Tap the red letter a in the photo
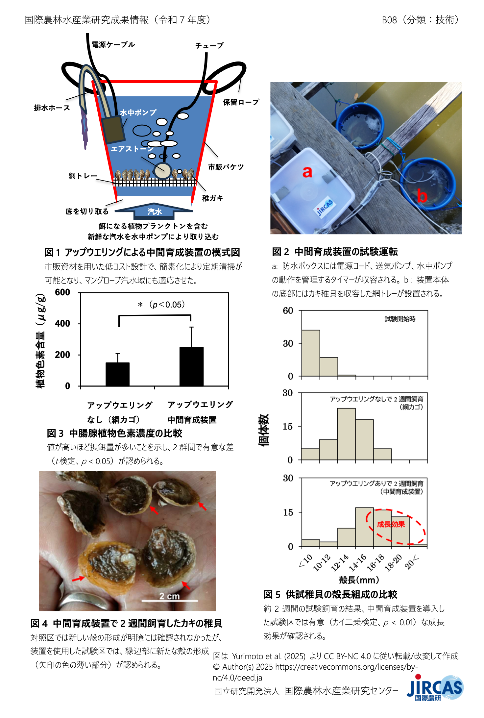307,172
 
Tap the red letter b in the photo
422,196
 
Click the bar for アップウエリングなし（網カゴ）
117,374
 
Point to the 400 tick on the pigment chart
62,324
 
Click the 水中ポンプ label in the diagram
138,112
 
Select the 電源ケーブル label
113,45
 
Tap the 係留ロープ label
241,102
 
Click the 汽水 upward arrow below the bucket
154,211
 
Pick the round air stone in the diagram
163,171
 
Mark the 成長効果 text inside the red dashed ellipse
391,524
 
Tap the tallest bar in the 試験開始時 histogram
311,353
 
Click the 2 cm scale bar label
169,596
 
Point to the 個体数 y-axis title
264,430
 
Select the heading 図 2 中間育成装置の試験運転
335,252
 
